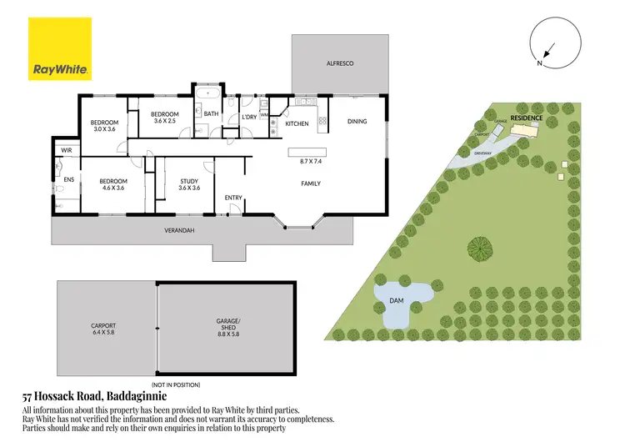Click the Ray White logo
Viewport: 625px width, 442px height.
point(61,48)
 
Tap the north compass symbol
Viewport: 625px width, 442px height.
point(547,46)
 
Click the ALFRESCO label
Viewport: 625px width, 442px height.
point(340,63)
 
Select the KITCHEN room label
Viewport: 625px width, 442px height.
point(297,123)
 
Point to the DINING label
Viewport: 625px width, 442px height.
point(357,122)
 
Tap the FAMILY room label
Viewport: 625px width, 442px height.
point(310,183)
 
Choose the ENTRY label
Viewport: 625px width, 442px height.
point(232,198)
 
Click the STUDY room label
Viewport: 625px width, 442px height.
point(189,181)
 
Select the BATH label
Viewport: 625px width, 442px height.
point(211,113)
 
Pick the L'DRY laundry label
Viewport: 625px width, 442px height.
point(248,118)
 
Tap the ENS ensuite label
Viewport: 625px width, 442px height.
point(59,180)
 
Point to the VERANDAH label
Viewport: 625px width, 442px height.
point(178,230)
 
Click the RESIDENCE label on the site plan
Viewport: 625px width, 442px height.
point(527,118)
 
